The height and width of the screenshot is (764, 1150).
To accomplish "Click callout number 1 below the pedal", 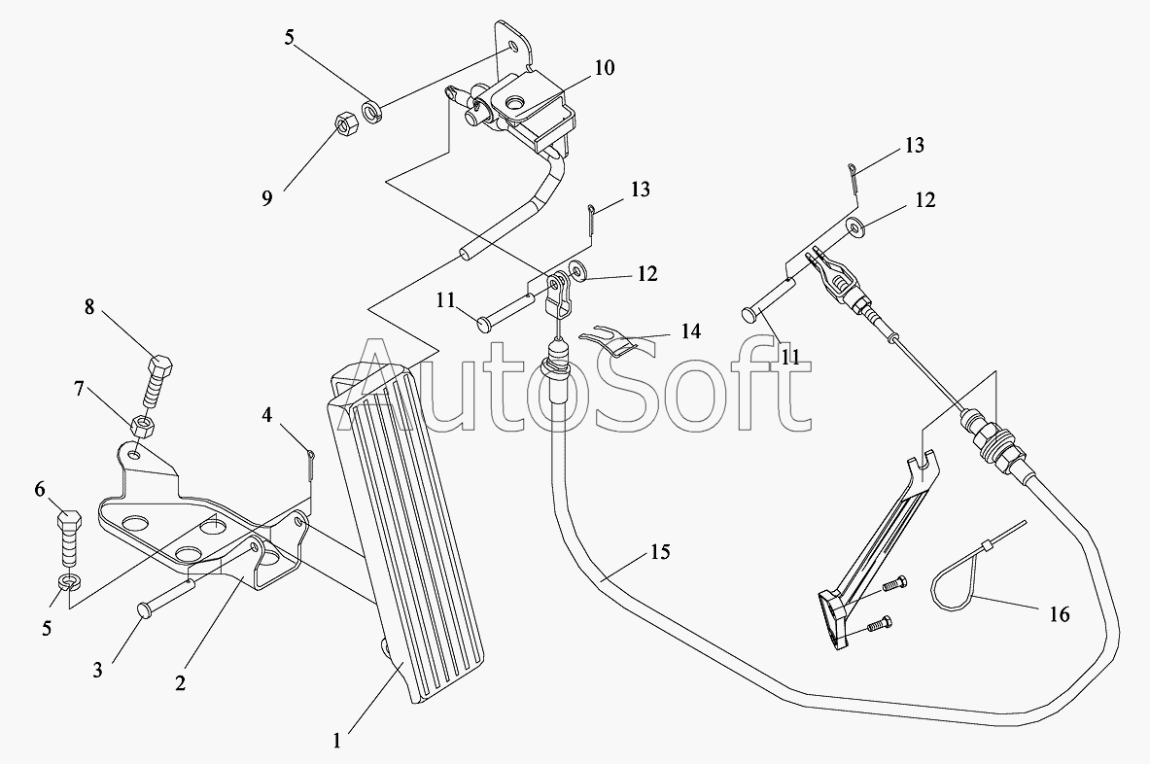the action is (336, 741).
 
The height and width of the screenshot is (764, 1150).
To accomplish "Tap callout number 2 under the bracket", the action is (180, 682).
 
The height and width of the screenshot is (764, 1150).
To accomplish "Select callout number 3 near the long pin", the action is (97, 670).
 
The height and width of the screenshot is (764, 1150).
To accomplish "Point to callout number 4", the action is (267, 415).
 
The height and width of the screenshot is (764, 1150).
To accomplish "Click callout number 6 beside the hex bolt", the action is (40, 489).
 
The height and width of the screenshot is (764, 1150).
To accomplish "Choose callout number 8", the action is (88, 306).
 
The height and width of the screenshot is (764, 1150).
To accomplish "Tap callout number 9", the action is (267, 198).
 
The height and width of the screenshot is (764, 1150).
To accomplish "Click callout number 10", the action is (605, 68).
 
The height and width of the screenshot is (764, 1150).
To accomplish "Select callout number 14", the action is (690, 331).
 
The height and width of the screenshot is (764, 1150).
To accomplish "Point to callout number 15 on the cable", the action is (660, 551).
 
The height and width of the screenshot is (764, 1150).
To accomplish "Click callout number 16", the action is (1059, 613).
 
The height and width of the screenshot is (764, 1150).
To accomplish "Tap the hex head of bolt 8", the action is (159, 365).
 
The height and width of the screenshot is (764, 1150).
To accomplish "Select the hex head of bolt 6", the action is (70, 520).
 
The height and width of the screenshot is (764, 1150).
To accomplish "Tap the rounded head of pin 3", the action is (143, 608).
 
